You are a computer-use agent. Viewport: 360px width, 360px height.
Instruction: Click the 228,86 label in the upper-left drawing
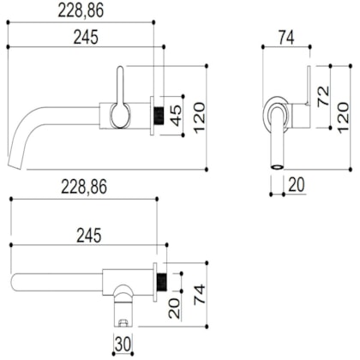coord(81,11)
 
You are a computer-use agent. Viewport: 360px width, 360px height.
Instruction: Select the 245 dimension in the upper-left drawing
coord(86,37)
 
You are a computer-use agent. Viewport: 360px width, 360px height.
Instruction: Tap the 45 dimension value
coord(176,116)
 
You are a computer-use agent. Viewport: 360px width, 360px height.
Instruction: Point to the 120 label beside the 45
coord(199,117)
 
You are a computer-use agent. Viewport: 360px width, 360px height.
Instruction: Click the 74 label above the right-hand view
coord(286,38)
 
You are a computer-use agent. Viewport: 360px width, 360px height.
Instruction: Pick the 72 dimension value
coord(323,97)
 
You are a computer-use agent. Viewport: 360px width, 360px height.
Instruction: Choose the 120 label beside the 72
coord(343,117)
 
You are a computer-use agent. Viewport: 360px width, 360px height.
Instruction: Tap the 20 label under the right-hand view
coord(297,184)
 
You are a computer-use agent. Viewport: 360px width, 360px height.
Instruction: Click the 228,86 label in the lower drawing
coord(84,187)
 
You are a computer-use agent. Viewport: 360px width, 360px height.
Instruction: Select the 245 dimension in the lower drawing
coord(89,236)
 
